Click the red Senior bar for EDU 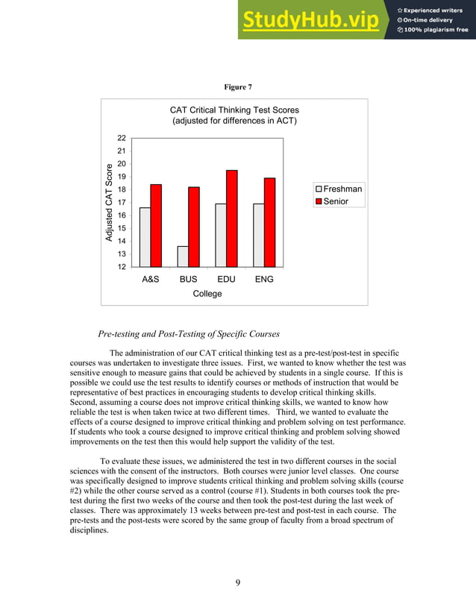[232, 218]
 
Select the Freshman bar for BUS [183, 256]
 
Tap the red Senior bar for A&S [156, 224]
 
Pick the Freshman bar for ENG [258, 234]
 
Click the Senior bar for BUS [194, 226]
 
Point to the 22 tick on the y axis [121, 138]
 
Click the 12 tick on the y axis [121, 266]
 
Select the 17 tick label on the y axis [121, 202]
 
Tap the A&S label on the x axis [150, 280]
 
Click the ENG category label [263, 280]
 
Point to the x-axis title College [207, 294]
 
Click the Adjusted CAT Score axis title [109, 202]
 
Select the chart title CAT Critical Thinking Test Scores [234, 110]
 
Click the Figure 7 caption [238, 87]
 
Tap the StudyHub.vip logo [309, 21]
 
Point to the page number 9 [237, 582]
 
